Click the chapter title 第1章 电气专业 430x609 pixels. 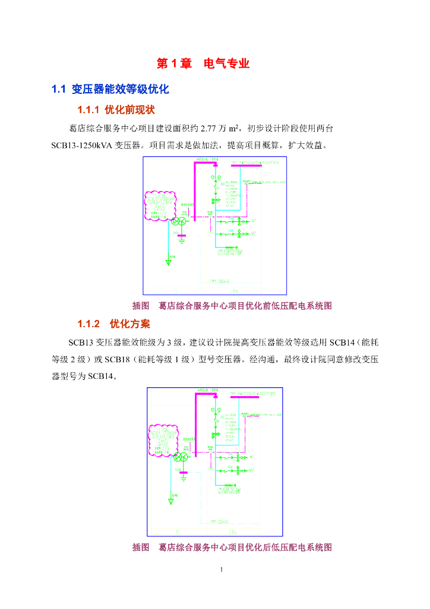click(x=203, y=64)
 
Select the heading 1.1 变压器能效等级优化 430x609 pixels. click(x=110, y=90)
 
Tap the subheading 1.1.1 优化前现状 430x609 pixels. click(x=116, y=110)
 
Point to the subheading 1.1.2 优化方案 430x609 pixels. click(x=114, y=324)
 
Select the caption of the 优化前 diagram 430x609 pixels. click(x=232, y=306)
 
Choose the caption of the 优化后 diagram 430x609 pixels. click(x=232, y=547)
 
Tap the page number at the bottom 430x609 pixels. click(x=221, y=571)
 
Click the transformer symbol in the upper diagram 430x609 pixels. click(x=178, y=221)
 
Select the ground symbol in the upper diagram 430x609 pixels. click(x=182, y=241)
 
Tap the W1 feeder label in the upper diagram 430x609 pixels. click(x=254, y=221)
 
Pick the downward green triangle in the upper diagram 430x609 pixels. click(x=167, y=262)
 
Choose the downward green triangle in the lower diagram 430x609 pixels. click(x=170, y=502)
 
